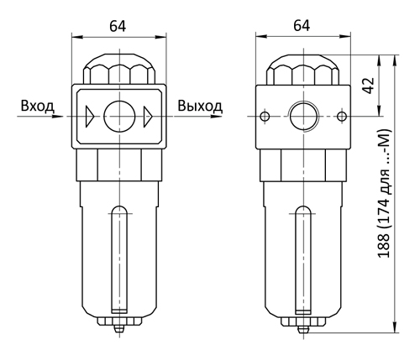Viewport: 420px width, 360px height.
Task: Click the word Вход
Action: (38, 107)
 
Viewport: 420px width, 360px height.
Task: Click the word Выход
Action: (200, 107)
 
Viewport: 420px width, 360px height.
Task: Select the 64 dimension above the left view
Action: (118, 26)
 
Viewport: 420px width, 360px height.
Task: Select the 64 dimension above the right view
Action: (302, 25)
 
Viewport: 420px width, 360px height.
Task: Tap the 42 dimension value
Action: (368, 86)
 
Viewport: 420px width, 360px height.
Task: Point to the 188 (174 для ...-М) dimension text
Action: (384, 193)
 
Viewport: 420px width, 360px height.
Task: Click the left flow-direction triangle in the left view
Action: (90, 117)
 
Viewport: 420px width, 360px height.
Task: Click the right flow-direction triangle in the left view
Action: (148, 117)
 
